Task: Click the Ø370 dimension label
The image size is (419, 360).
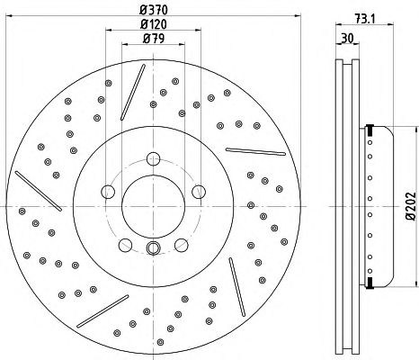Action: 154,10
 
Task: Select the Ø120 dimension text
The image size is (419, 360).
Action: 154,24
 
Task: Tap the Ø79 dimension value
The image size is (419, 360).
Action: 154,39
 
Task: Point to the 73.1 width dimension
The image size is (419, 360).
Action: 365,19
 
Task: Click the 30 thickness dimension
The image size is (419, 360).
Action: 348,38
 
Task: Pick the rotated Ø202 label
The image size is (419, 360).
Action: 411,206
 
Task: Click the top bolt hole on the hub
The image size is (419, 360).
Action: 153,158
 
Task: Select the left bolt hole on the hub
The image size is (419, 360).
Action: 108,192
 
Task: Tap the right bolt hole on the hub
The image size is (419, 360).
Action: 199,192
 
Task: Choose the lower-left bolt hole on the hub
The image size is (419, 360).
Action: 125,245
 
